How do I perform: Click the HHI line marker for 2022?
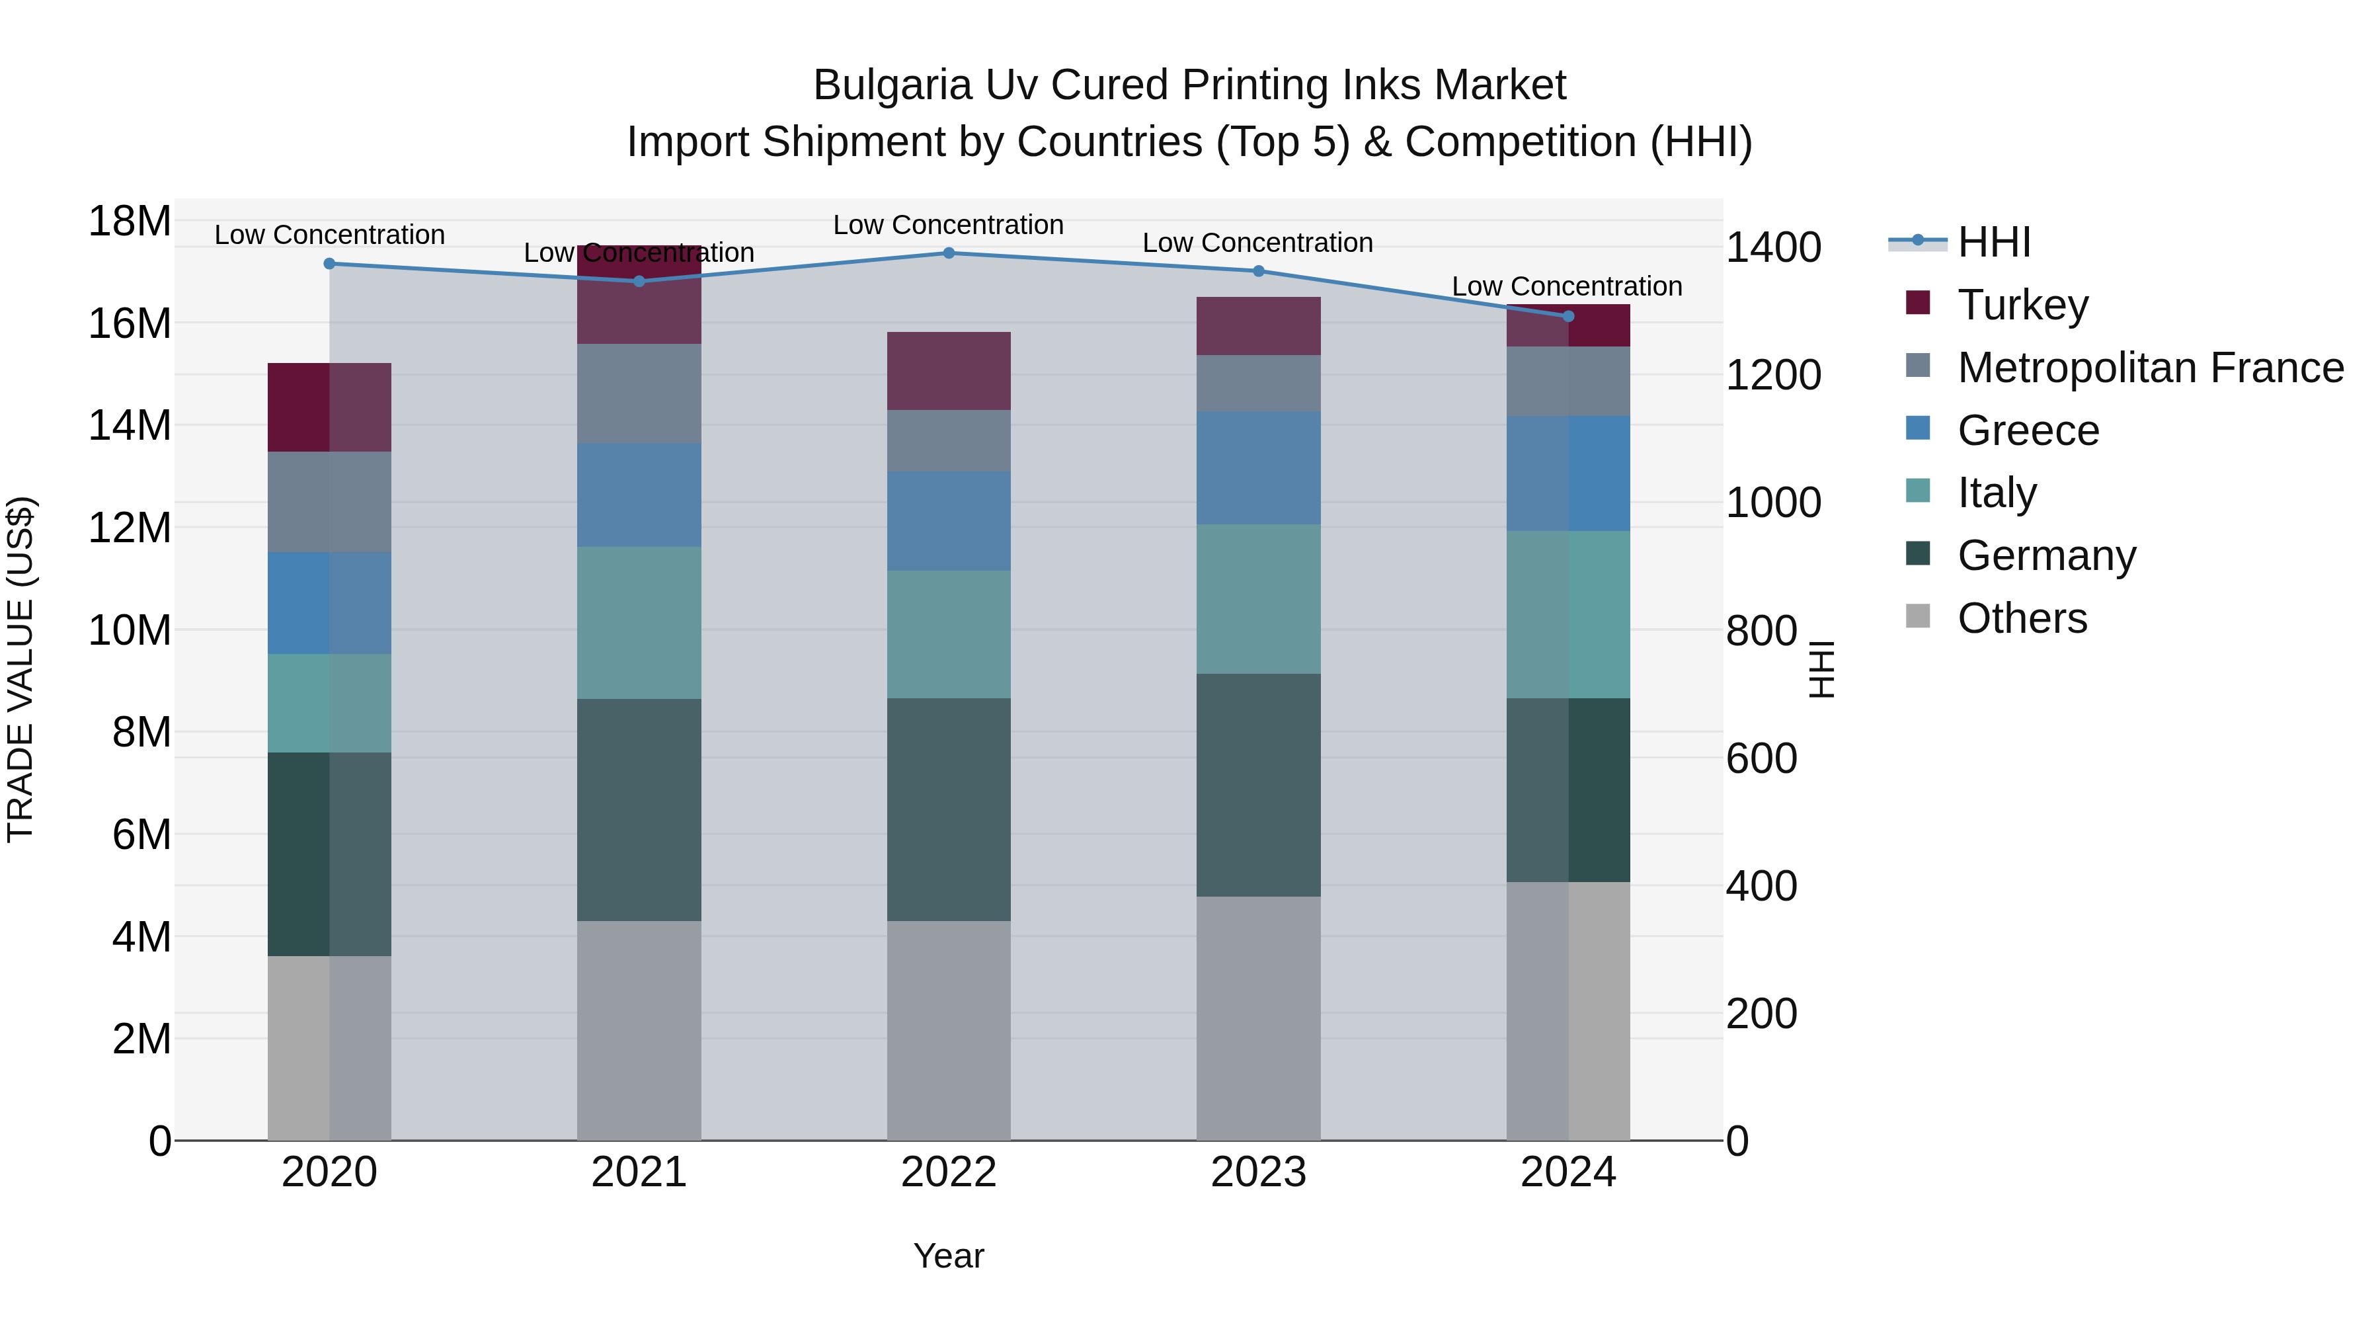click(948, 253)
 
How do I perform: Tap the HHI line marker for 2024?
click(1568, 316)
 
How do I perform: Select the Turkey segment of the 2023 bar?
click(1258, 325)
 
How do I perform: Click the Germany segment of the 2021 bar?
click(639, 809)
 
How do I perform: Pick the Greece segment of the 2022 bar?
click(948, 520)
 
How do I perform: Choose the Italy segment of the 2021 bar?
click(639, 622)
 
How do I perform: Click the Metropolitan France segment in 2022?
click(948, 441)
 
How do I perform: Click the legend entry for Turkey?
click(2022, 304)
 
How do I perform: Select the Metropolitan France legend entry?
click(2149, 367)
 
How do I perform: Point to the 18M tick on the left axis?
click(130, 222)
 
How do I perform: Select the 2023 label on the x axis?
click(1258, 1172)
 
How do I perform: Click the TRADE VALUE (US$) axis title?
click(20, 669)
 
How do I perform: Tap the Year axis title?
click(948, 1256)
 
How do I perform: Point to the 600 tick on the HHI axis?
click(1761, 758)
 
